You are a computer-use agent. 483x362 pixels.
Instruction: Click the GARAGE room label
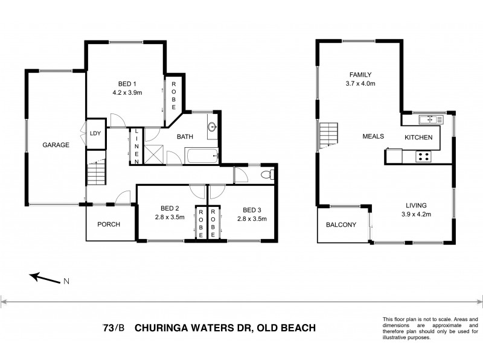click(56, 145)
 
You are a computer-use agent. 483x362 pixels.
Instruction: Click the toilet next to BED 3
click(269, 175)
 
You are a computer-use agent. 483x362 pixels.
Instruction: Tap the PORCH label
click(109, 224)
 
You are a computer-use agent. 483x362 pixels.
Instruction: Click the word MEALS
click(373, 136)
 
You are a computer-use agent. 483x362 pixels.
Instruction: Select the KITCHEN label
click(418, 138)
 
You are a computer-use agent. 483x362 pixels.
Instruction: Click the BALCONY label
click(341, 225)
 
